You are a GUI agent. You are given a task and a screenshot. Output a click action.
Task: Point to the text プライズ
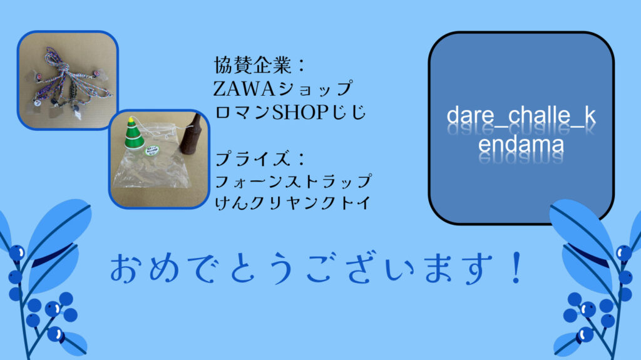(x=252, y=159)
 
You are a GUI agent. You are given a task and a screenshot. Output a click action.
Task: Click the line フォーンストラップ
(x=293, y=181)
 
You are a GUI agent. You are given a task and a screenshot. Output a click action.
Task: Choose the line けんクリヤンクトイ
(x=293, y=203)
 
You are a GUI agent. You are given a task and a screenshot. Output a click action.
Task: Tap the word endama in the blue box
(x=521, y=144)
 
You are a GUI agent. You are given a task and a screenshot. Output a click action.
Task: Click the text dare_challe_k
(x=521, y=116)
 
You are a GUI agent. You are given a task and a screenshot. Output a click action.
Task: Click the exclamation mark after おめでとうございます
(x=517, y=268)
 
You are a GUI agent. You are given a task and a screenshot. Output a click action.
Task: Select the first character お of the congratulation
(x=125, y=269)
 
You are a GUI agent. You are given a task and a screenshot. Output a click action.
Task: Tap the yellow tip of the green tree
(x=131, y=120)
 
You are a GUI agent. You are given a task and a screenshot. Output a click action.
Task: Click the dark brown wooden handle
(x=192, y=134)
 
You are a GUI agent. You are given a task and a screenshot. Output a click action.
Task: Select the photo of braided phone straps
(x=68, y=80)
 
